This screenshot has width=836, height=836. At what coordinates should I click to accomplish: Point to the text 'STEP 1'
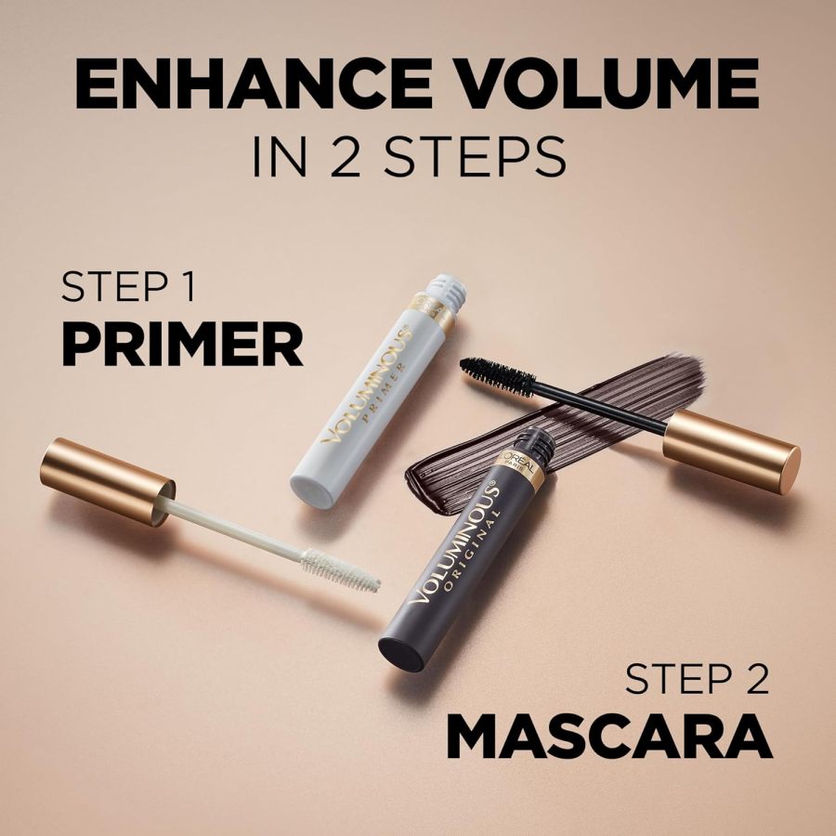(128, 287)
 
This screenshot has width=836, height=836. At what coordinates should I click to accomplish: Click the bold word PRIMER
(182, 346)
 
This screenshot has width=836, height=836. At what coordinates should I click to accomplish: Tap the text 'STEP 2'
(698, 679)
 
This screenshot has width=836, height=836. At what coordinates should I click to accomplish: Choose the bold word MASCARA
(609, 738)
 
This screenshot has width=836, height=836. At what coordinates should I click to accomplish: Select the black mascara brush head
(498, 377)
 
